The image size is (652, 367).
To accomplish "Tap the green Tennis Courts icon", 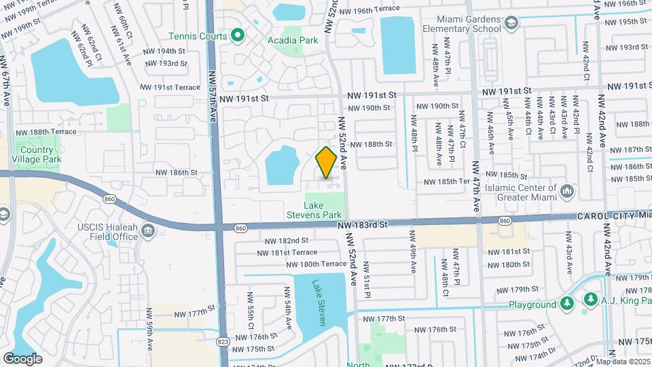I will point(237,35).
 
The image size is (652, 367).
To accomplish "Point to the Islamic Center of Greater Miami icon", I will point(566,193).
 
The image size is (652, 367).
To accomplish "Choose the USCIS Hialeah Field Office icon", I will point(148,233).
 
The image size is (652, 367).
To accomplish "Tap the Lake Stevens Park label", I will point(323,209).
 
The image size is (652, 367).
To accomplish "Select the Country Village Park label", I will point(37,154).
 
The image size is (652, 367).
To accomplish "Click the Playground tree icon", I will point(568,302).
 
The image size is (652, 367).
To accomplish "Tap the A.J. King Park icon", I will point(591,300).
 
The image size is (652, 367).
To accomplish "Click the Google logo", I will point(22,358).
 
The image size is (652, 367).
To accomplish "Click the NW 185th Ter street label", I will point(447,181).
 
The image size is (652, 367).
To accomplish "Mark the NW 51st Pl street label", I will point(367,279).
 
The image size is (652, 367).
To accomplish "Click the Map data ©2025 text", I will point(623,361).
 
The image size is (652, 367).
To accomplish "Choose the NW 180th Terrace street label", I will point(316,264).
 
